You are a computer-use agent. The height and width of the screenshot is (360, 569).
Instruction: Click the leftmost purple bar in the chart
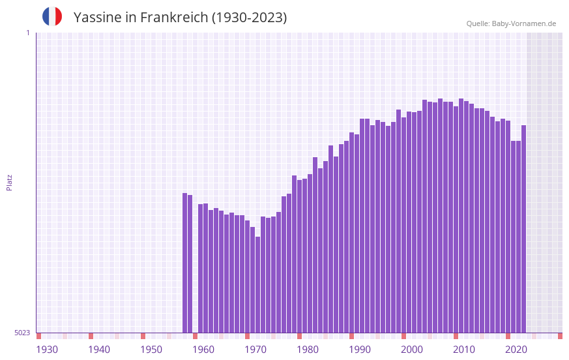(184, 263)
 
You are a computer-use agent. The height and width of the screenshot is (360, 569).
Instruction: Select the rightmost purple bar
(523, 228)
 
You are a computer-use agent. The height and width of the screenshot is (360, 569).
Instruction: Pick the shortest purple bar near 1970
(257, 284)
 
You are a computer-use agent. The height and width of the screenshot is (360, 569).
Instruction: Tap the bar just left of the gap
(190, 263)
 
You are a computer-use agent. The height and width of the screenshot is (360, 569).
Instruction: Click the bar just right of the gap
(200, 268)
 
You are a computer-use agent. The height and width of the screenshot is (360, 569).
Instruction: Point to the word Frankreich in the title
(171, 18)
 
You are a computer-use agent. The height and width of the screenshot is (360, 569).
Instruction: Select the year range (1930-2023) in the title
(249, 18)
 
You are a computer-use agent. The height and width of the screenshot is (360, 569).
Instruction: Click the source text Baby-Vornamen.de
(523, 23)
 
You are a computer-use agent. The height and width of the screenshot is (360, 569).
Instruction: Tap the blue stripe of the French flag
(46, 16)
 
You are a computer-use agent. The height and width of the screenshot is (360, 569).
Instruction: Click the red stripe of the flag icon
(59, 16)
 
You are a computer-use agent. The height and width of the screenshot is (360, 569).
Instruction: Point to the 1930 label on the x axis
(47, 350)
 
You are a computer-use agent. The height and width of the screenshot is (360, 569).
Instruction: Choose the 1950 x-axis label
(151, 350)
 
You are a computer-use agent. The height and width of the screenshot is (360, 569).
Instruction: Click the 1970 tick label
(255, 350)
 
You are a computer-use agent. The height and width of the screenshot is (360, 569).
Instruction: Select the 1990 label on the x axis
(360, 350)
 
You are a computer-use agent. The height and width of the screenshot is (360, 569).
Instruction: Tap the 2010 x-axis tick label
(464, 350)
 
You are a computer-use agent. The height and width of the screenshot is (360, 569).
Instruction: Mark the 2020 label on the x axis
(516, 350)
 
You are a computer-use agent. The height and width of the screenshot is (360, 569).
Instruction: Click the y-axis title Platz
(9, 182)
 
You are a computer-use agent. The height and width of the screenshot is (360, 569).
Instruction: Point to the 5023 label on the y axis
(22, 333)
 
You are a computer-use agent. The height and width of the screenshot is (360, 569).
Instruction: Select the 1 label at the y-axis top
(27, 33)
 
